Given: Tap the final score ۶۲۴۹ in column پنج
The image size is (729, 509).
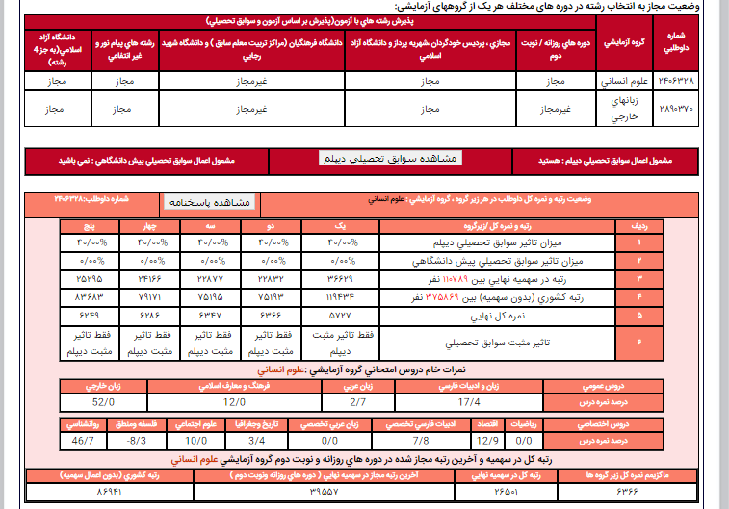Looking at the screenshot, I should pyautogui.click(x=90, y=314).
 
